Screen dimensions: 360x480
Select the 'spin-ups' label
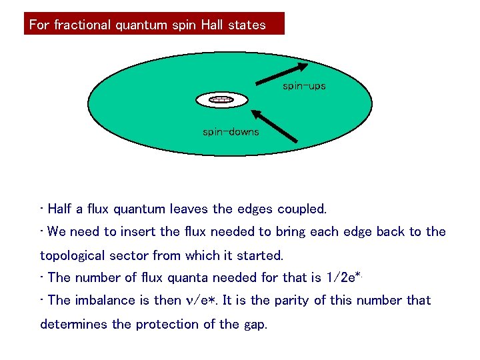pos(304,86)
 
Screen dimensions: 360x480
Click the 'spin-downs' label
pos(231,132)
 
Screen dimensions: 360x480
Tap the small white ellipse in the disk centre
pos(221,100)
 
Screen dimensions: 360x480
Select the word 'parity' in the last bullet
pos(298,301)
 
